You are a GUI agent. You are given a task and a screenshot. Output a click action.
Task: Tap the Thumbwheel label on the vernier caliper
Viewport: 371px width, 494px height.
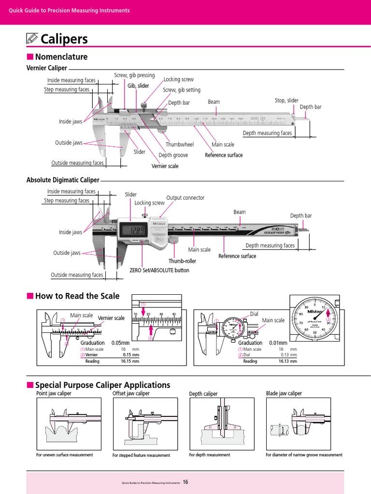coord(179,144)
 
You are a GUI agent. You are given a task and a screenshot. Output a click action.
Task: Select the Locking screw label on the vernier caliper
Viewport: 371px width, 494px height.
coord(178,80)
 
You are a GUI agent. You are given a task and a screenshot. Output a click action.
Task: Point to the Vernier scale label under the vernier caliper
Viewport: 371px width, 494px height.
coord(165,166)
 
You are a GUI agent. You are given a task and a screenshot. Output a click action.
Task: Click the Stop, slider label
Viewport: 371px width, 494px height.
coord(286,100)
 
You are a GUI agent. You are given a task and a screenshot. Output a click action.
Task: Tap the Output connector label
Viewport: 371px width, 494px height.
coord(185,198)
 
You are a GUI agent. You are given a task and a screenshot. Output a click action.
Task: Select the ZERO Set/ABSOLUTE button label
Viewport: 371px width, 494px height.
coord(159,270)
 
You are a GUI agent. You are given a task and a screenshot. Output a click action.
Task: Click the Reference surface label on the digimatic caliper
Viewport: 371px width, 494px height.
coord(237,256)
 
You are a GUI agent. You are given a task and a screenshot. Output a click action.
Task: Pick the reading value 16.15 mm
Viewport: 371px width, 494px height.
coord(129,361)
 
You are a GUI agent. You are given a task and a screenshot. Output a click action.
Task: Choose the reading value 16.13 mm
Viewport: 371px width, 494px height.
coord(289,361)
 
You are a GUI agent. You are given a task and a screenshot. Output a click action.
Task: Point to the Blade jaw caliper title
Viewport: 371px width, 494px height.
coord(284,394)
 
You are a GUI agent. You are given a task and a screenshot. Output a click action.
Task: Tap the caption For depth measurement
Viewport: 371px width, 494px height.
coord(209,455)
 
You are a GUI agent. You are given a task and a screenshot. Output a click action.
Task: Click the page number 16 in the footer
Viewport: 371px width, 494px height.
coord(185,482)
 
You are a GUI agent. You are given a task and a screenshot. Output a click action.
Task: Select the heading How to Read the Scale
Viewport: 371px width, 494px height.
coord(77,296)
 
